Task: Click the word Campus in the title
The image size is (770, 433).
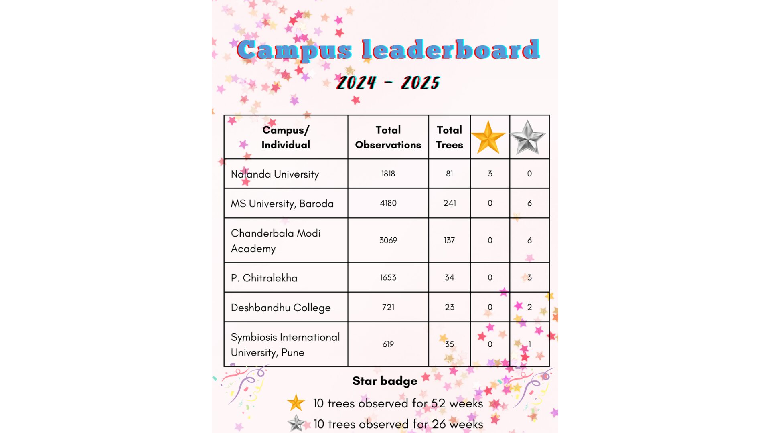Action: point(294,51)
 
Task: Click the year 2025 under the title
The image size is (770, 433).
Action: point(420,83)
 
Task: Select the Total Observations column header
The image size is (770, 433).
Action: point(388,137)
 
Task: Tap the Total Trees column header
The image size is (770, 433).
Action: point(449,137)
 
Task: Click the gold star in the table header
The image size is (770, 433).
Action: point(488,138)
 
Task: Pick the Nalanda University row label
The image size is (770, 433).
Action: point(275,174)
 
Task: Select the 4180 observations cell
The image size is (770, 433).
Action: point(388,203)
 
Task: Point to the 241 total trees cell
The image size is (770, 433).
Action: point(449,203)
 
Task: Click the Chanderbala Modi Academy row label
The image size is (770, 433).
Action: point(276,241)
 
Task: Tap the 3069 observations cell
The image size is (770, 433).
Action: point(388,241)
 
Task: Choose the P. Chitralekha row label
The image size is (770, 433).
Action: point(264,278)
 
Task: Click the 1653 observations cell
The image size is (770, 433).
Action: point(388,278)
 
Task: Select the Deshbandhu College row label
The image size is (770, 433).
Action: point(281,308)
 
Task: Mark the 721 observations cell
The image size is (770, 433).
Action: point(388,307)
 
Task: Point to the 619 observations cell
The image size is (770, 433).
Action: point(388,344)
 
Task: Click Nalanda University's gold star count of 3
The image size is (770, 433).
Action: point(490,174)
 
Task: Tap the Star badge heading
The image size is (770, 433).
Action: point(385,381)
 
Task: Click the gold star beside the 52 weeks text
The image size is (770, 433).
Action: point(296,403)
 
